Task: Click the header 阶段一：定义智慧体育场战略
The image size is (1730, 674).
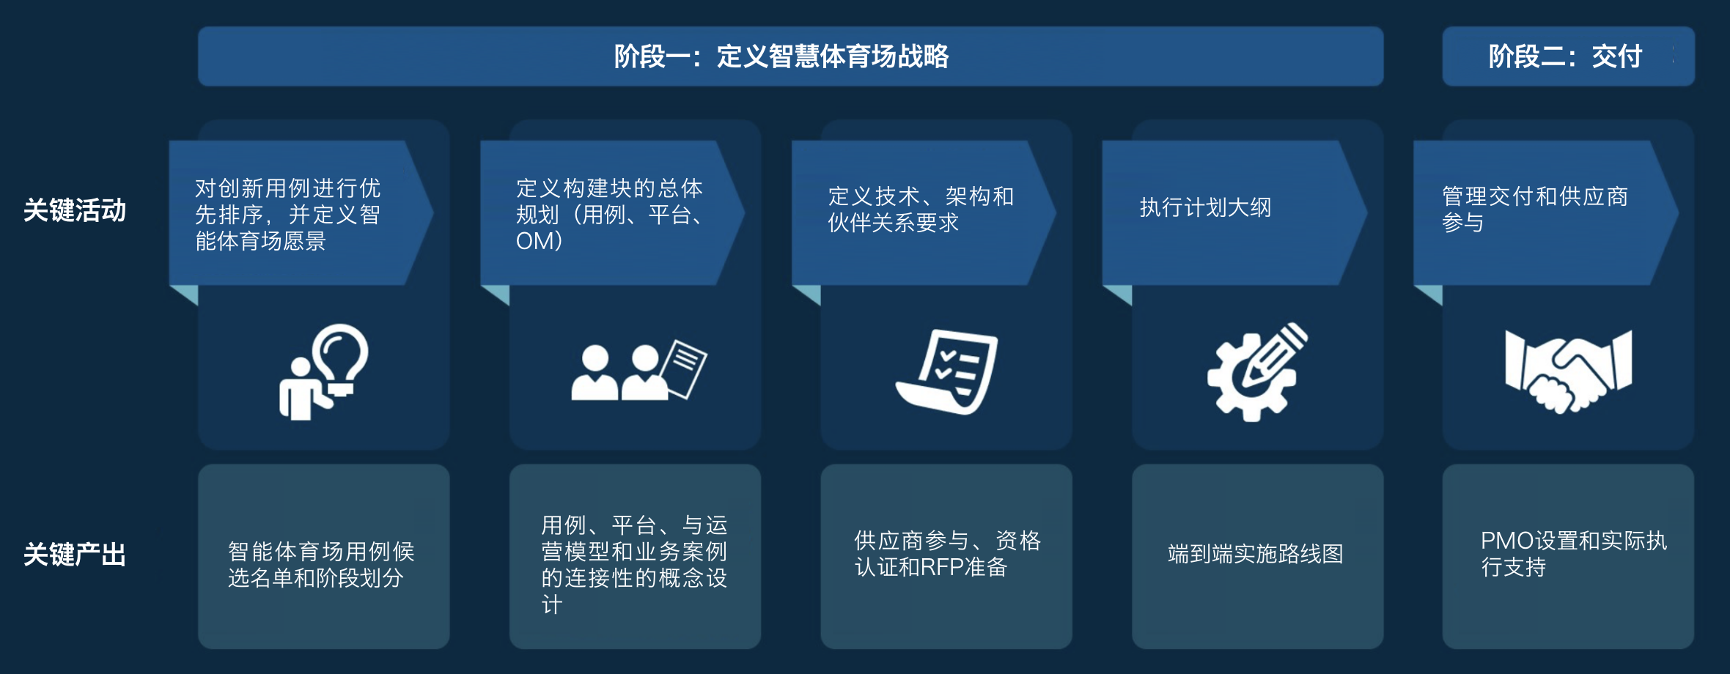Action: (781, 56)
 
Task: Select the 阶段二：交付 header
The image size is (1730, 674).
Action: (1565, 56)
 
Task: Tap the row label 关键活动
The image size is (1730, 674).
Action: (75, 210)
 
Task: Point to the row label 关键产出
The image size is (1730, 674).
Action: (75, 555)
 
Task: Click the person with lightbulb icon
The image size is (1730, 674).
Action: (323, 372)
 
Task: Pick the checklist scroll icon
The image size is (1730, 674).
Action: (947, 372)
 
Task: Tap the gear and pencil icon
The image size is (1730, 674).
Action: (1258, 372)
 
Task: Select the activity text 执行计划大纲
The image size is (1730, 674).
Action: (1205, 207)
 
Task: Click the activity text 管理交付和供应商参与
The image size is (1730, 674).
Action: (1534, 209)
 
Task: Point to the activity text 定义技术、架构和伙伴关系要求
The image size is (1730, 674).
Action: (921, 209)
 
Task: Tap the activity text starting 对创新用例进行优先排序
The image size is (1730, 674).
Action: (287, 214)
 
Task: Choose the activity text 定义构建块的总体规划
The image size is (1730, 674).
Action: (610, 214)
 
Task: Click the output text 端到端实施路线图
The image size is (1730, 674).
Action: (1255, 554)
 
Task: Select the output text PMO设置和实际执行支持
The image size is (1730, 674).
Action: (1573, 554)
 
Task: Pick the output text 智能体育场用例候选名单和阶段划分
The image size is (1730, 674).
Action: (321, 564)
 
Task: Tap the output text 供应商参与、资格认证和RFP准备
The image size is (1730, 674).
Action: (947, 554)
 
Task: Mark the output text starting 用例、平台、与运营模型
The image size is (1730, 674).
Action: (634, 564)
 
